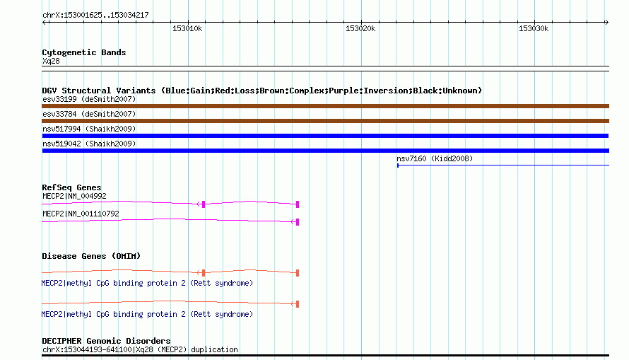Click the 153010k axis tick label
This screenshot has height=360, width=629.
[x=187, y=28]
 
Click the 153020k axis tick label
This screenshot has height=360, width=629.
[x=360, y=28]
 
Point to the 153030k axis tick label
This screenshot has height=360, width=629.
[x=534, y=28]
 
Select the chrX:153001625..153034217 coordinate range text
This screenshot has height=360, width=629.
[x=95, y=15]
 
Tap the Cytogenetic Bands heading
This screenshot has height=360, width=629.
[x=84, y=52]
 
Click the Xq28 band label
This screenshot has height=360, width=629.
[x=51, y=61]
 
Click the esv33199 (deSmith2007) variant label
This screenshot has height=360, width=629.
[x=89, y=99]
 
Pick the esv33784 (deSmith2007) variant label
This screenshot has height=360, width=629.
[x=89, y=114]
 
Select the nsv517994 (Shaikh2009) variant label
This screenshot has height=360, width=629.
[x=89, y=129]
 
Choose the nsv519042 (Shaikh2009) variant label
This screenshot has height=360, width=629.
[x=89, y=144]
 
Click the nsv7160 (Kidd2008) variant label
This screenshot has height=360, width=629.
[x=435, y=158]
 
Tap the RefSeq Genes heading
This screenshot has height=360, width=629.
[x=71, y=187]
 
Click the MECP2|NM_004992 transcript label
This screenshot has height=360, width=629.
[x=75, y=196]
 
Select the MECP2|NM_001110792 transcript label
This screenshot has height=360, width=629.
[x=81, y=214]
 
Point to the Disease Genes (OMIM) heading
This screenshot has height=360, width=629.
[x=91, y=256]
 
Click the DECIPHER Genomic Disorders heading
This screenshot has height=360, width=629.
[x=106, y=341]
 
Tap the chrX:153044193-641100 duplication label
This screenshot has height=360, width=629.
[x=140, y=349]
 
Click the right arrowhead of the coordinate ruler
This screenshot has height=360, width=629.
[x=607, y=22]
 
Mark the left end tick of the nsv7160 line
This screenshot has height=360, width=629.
[x=398, y=166]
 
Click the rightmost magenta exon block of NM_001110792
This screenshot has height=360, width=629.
[x=298, y=222]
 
